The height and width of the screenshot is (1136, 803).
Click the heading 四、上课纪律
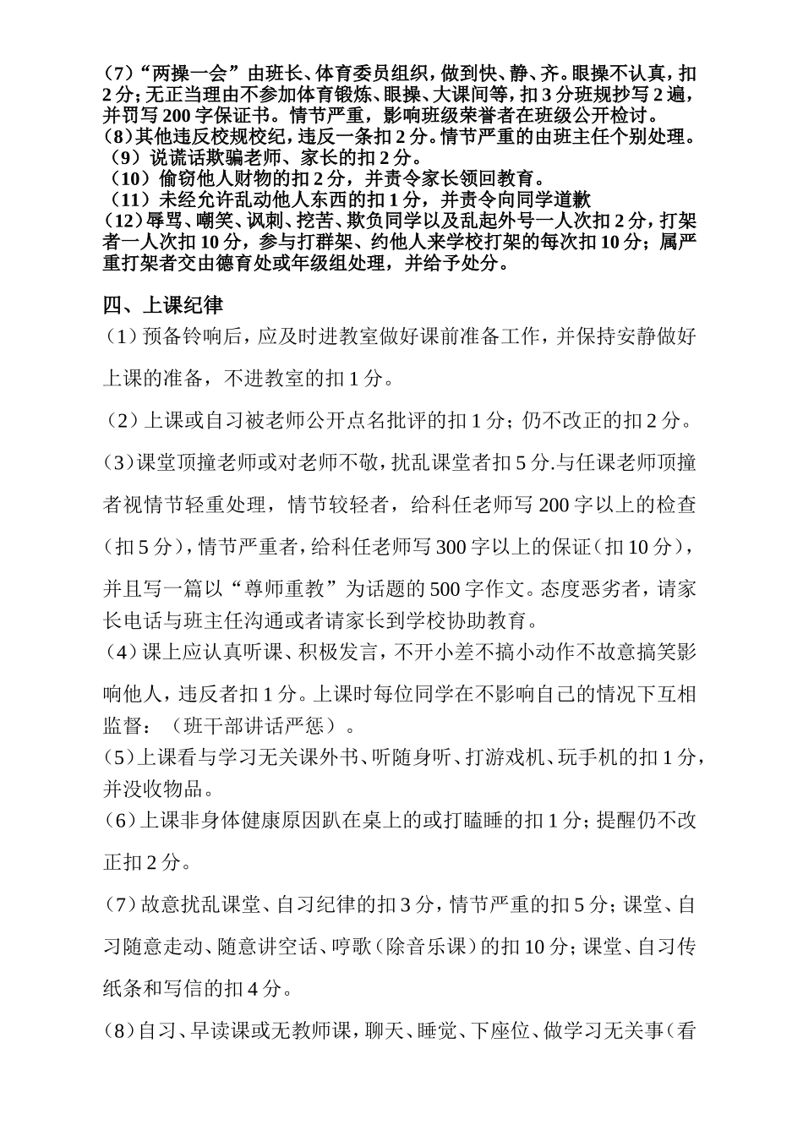tap(163, 305)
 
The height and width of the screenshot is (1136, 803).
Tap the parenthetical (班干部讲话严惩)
tap(257, 726)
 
